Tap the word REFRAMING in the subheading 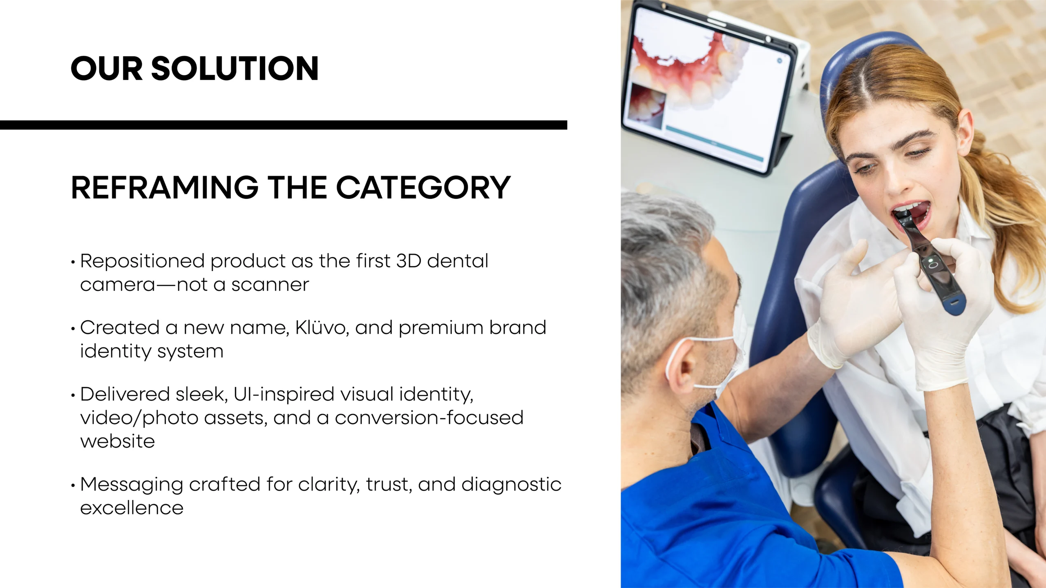165,187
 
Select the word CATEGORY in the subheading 423,187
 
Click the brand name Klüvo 322,327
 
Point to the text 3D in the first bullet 409,261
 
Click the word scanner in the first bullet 270,285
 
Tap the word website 118,441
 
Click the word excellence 132,508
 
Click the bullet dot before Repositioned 73,262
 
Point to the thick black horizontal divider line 284,125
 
